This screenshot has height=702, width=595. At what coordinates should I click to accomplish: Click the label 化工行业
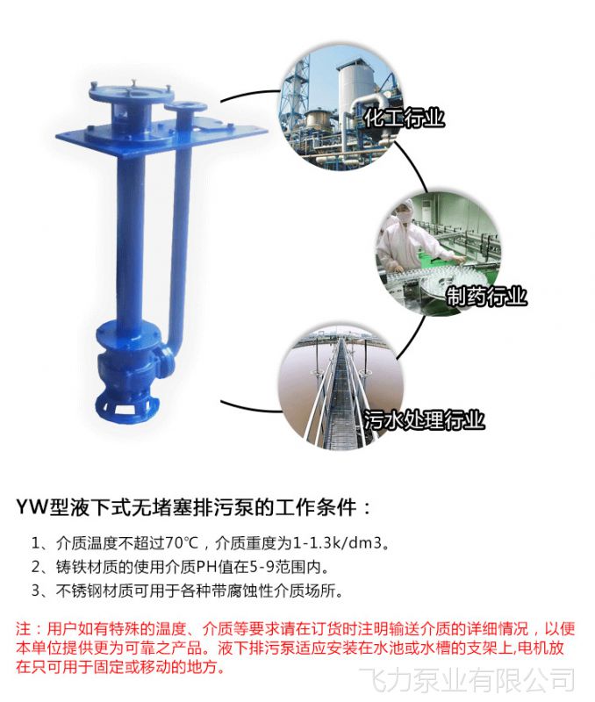[x=404, y=118]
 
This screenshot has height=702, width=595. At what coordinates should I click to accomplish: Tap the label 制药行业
[x=487, y=296]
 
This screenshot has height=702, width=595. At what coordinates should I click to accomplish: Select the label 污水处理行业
[x=424, y=419]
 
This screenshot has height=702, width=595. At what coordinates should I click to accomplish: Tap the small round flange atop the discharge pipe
[x=185, y=107]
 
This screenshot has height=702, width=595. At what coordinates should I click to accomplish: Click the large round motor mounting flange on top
[x=130, y=92]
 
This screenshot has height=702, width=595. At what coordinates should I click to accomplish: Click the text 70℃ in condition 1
[x=182, y=543]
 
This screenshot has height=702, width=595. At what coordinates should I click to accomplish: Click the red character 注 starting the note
[x=24, y=629]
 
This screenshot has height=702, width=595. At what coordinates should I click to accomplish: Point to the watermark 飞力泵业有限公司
[x=467, y=679]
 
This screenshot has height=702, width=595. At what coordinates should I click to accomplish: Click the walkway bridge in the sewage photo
[x=342, y=394]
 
